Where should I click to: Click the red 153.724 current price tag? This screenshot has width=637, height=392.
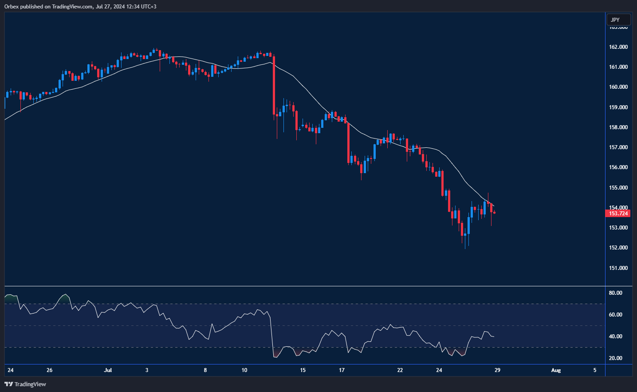coord(617,214)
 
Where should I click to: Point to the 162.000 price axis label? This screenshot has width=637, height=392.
coord(618,47)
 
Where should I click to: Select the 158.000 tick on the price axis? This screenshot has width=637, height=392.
coord(618,127)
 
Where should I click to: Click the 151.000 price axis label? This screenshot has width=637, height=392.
coord(618,268)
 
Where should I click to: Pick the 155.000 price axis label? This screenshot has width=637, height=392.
coord(618,188)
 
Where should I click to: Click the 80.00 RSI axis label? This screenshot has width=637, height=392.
coord(615,293)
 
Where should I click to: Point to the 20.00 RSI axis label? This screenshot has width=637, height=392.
coord(615,358)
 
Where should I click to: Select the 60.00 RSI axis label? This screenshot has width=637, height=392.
coord(615,315)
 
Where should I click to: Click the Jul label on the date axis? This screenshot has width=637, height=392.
coord(108,370)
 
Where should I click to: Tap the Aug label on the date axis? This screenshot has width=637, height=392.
coord(556,370)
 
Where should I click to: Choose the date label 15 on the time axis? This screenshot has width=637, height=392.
coord(303,370)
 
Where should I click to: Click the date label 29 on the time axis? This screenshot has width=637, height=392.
coord(497,370)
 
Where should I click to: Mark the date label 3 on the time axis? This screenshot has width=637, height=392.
coord(147,370)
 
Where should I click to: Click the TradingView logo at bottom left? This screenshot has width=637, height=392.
coord(25,384)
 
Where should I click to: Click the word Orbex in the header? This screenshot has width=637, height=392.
coord(12,7)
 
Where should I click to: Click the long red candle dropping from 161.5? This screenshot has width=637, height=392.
coord(274,84)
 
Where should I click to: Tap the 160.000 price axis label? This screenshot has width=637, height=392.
coord(618,87)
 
